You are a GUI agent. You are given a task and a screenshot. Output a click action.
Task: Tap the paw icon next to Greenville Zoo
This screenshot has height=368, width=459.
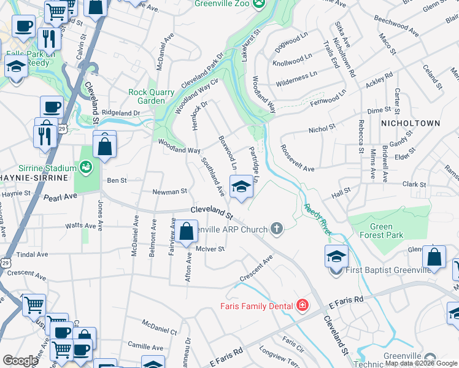pyautogui.click(x=261, y=3)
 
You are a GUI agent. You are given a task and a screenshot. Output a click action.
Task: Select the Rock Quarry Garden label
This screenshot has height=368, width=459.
pyautogui.click(x=147, y=96)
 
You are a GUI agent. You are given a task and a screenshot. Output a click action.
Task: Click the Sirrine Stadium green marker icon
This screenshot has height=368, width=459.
pyautogui.click(x=85, y=166)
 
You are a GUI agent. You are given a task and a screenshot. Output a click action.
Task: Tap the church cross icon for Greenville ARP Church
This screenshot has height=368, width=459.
pyautogui.click(x=277, y=230)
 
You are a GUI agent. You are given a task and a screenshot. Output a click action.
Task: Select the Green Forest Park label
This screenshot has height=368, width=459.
pyautogui.click(x=381, y=231)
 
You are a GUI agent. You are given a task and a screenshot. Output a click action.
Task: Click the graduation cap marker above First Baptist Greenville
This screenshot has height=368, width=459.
pyautogui.click(x=336, y=256)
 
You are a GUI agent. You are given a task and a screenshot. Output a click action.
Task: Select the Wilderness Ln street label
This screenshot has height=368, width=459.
pyautogui.click(x=296, y=77)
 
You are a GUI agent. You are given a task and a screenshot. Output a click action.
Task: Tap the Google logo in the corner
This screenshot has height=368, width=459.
pyautogui.click(x=20, y=361)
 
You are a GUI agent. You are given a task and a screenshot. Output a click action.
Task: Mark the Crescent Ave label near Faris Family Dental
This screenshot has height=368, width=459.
pyautogui.click(x=256, y=270)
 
